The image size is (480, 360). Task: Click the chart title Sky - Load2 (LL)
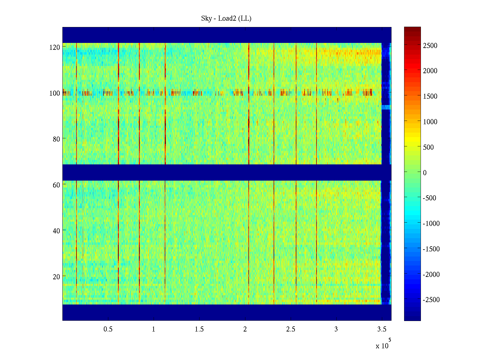point(226,19)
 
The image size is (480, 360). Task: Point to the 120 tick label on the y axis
point(55,47)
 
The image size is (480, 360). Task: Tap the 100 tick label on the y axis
point(55,93)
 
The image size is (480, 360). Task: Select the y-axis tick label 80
point(56,139)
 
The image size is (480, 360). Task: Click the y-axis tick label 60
point(56,185)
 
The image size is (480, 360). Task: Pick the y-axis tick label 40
point(56,231)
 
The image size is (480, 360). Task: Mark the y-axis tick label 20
point(56,277)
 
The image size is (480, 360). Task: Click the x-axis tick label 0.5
point(108,329)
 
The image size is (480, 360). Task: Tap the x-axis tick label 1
point(154,329)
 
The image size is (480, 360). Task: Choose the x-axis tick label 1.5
point(199,329)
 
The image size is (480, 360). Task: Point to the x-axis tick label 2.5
point(291,329)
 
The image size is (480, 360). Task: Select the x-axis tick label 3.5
point(382,329)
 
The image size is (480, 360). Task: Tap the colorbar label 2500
point(430,46)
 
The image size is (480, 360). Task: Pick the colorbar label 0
point(424,173)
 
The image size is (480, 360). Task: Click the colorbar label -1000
point(431,223)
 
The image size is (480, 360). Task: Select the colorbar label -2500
point(431,300)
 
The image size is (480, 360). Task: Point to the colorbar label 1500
point(430,96)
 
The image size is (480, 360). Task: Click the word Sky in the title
point(206,19)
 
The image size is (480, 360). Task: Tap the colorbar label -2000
point(431,274)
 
